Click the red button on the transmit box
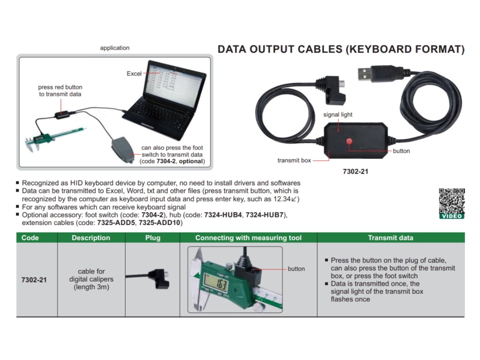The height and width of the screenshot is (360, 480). (349, 142)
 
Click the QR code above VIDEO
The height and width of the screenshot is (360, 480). (451, 201)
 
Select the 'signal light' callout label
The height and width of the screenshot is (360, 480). (338, 114)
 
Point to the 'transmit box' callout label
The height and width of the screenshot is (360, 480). (294, 160)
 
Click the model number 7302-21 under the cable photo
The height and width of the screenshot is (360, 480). (355, 172)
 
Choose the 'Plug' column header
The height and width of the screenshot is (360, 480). (153, 238)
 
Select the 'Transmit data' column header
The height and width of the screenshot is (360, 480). (390, 238)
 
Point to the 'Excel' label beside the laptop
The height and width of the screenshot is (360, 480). (134, 74)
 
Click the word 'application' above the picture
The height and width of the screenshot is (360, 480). (115, 48)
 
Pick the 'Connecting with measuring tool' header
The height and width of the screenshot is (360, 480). (248, 238)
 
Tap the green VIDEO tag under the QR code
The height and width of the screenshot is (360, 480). (452, 216)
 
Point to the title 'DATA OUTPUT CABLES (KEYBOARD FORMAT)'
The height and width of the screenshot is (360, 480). (341, 49)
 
